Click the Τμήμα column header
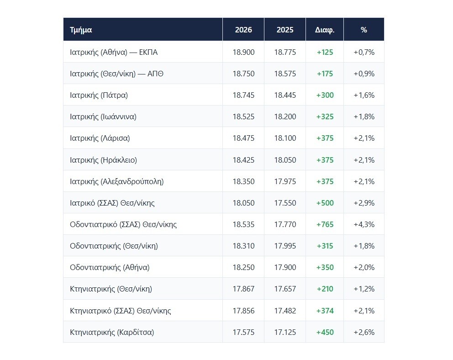tap(81, 30)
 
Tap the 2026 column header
tap(243, 30)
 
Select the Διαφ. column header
tap(325, 30)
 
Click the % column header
tap(364, 30)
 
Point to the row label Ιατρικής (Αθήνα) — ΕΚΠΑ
tap(114, 52)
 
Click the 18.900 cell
tap(243, 52)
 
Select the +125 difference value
tap(325, 52)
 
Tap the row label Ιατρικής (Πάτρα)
tap(99, 95)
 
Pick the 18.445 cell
tap(285, 95)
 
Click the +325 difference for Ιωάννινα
tap(325, 116)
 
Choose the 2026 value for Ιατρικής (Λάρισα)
tap(243, 138)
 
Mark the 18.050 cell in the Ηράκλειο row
tap(285, 160)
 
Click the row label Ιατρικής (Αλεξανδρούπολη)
tap(117, 181)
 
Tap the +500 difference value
tap(325, 203)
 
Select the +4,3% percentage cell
tap(364, 224)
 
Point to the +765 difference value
tap(325, 224)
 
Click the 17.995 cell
tap(285, 246)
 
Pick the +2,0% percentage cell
tap(364, 268)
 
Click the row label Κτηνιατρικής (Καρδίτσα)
tap(112, 332)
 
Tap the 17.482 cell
tap(285, 311)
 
